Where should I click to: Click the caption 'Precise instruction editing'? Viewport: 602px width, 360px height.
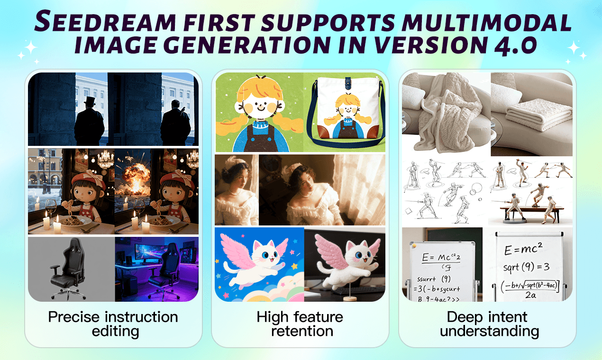(113, 324)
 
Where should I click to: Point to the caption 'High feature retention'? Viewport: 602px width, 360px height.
(300, 324)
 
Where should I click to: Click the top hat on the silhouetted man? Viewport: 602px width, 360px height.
(89, 101)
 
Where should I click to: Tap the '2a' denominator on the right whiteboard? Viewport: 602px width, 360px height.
(529, 294)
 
